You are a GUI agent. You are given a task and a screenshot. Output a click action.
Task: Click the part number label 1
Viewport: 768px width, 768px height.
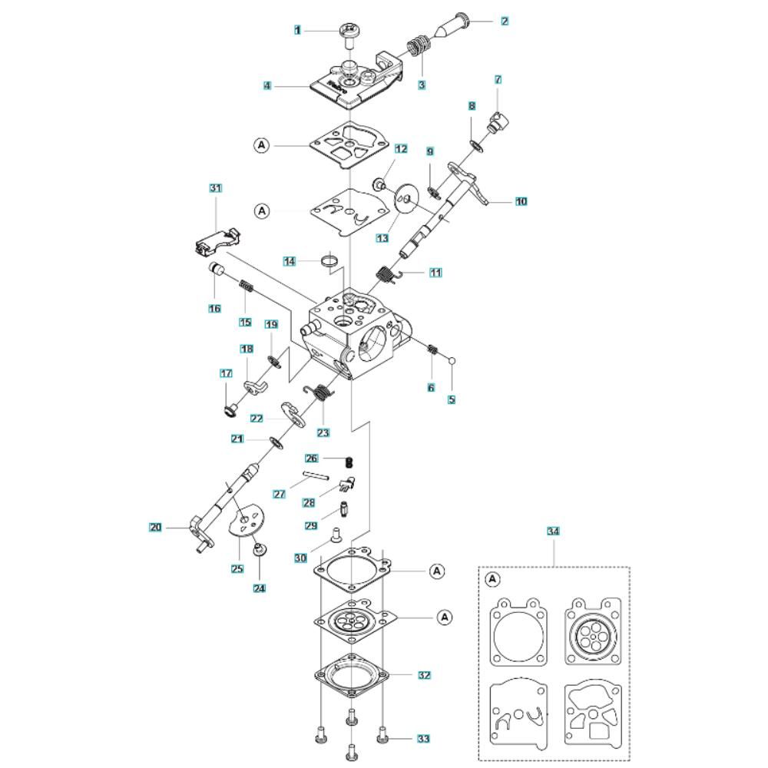(x=297, y=31)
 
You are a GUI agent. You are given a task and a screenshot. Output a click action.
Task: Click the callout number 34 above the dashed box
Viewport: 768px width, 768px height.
(x=553, y=531)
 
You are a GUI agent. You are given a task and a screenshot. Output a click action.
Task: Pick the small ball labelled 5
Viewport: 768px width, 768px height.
(x=452, y=361)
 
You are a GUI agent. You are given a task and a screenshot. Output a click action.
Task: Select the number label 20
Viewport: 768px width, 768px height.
(x=155, y=528)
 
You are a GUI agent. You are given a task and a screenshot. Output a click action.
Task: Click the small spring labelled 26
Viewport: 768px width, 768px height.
(x=349, y=462)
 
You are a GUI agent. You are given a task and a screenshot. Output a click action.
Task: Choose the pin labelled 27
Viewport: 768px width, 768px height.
(x=316, y=475)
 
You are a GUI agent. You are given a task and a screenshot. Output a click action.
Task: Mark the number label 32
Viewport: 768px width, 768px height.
(x=424, y=675)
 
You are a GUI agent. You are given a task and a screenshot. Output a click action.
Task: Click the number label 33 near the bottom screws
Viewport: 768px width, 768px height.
(x=424, y=738)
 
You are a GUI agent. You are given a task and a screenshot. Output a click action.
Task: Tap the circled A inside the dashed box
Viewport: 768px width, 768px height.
(x=493, y=579)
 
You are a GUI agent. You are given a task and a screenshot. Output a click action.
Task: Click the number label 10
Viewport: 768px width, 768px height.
(x=521, y=201)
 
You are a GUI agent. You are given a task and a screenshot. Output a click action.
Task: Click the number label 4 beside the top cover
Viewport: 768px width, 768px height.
(x=267, y=86)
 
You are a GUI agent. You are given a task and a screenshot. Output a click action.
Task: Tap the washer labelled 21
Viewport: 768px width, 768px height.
(x=276, y=443)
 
